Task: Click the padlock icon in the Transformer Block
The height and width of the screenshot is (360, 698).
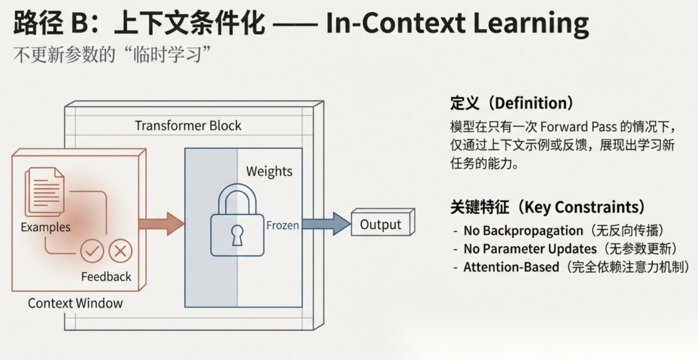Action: point(237,223)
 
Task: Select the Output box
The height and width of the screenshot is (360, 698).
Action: point(381,224)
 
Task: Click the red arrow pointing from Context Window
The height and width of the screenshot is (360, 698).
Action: point(162,223)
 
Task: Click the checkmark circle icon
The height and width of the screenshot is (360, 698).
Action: point(92,251)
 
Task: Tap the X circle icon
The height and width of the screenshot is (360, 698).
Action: point(120,251)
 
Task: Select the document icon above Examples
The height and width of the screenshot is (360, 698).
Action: point(45,192)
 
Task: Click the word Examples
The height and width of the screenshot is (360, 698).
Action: point(45,227)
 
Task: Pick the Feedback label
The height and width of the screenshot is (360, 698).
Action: point(106,277)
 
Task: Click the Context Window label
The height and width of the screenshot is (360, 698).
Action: point(75,302)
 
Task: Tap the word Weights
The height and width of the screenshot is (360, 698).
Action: point(269,171)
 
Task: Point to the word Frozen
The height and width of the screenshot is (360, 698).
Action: point(282,226)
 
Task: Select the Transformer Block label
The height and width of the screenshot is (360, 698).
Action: point(187,125)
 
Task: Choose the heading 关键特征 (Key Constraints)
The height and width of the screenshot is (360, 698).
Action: point(547,207)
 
